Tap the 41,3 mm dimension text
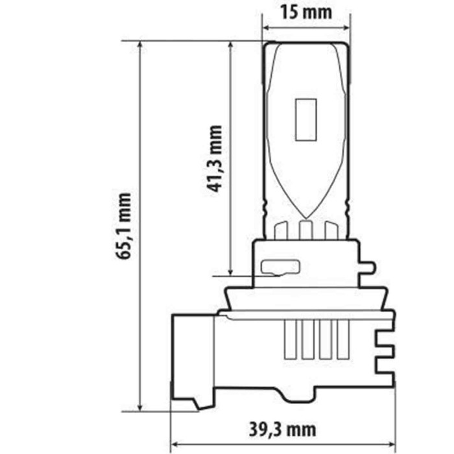215,159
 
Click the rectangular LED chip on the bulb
305,119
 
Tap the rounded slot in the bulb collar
280,267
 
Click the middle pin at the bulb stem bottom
305,230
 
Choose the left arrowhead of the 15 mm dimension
266,28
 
